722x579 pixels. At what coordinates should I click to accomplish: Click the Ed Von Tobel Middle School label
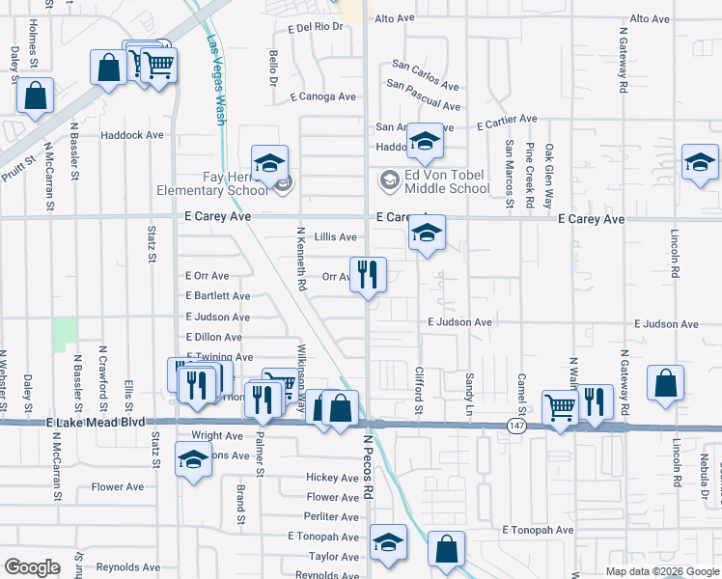click(447, 181)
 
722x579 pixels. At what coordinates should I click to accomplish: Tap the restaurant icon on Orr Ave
click(367, 274)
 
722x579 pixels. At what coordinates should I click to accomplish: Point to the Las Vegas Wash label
click(216, 80)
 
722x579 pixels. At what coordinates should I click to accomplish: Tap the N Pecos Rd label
click(368, 466)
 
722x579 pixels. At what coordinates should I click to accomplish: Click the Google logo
click(32, 567)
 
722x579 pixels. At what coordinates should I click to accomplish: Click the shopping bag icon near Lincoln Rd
click(665, 382)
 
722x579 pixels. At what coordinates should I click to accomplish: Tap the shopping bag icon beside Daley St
click(35, 96)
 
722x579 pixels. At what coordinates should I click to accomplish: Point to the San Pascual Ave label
click(424, 95)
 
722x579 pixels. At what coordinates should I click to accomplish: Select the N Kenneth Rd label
click(301, 261)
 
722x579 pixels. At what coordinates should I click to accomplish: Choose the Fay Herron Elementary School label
click(212, 183)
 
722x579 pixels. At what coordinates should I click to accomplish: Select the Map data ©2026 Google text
click(661, 571)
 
